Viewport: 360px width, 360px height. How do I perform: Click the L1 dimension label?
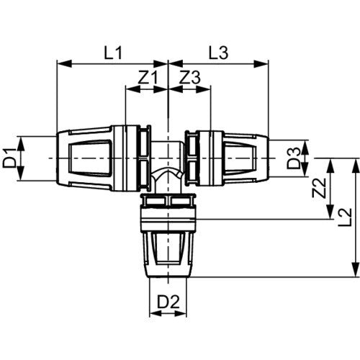tap(113, 53)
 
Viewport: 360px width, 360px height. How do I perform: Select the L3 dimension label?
tap(218, 53)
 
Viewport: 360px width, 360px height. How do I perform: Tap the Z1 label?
tap(148, 78)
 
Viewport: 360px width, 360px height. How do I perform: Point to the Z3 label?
tap(190, 78)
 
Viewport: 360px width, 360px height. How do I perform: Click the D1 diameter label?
tap(9, 158)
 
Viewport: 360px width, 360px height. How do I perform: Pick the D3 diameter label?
tap(294, 158)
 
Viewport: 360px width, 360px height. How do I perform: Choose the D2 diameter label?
tap(168, 302)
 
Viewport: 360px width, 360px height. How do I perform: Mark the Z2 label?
tap(320, 188)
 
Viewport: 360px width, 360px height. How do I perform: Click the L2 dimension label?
tap(345, 217)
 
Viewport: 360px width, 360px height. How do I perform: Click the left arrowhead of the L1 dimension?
tap(64, 64)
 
